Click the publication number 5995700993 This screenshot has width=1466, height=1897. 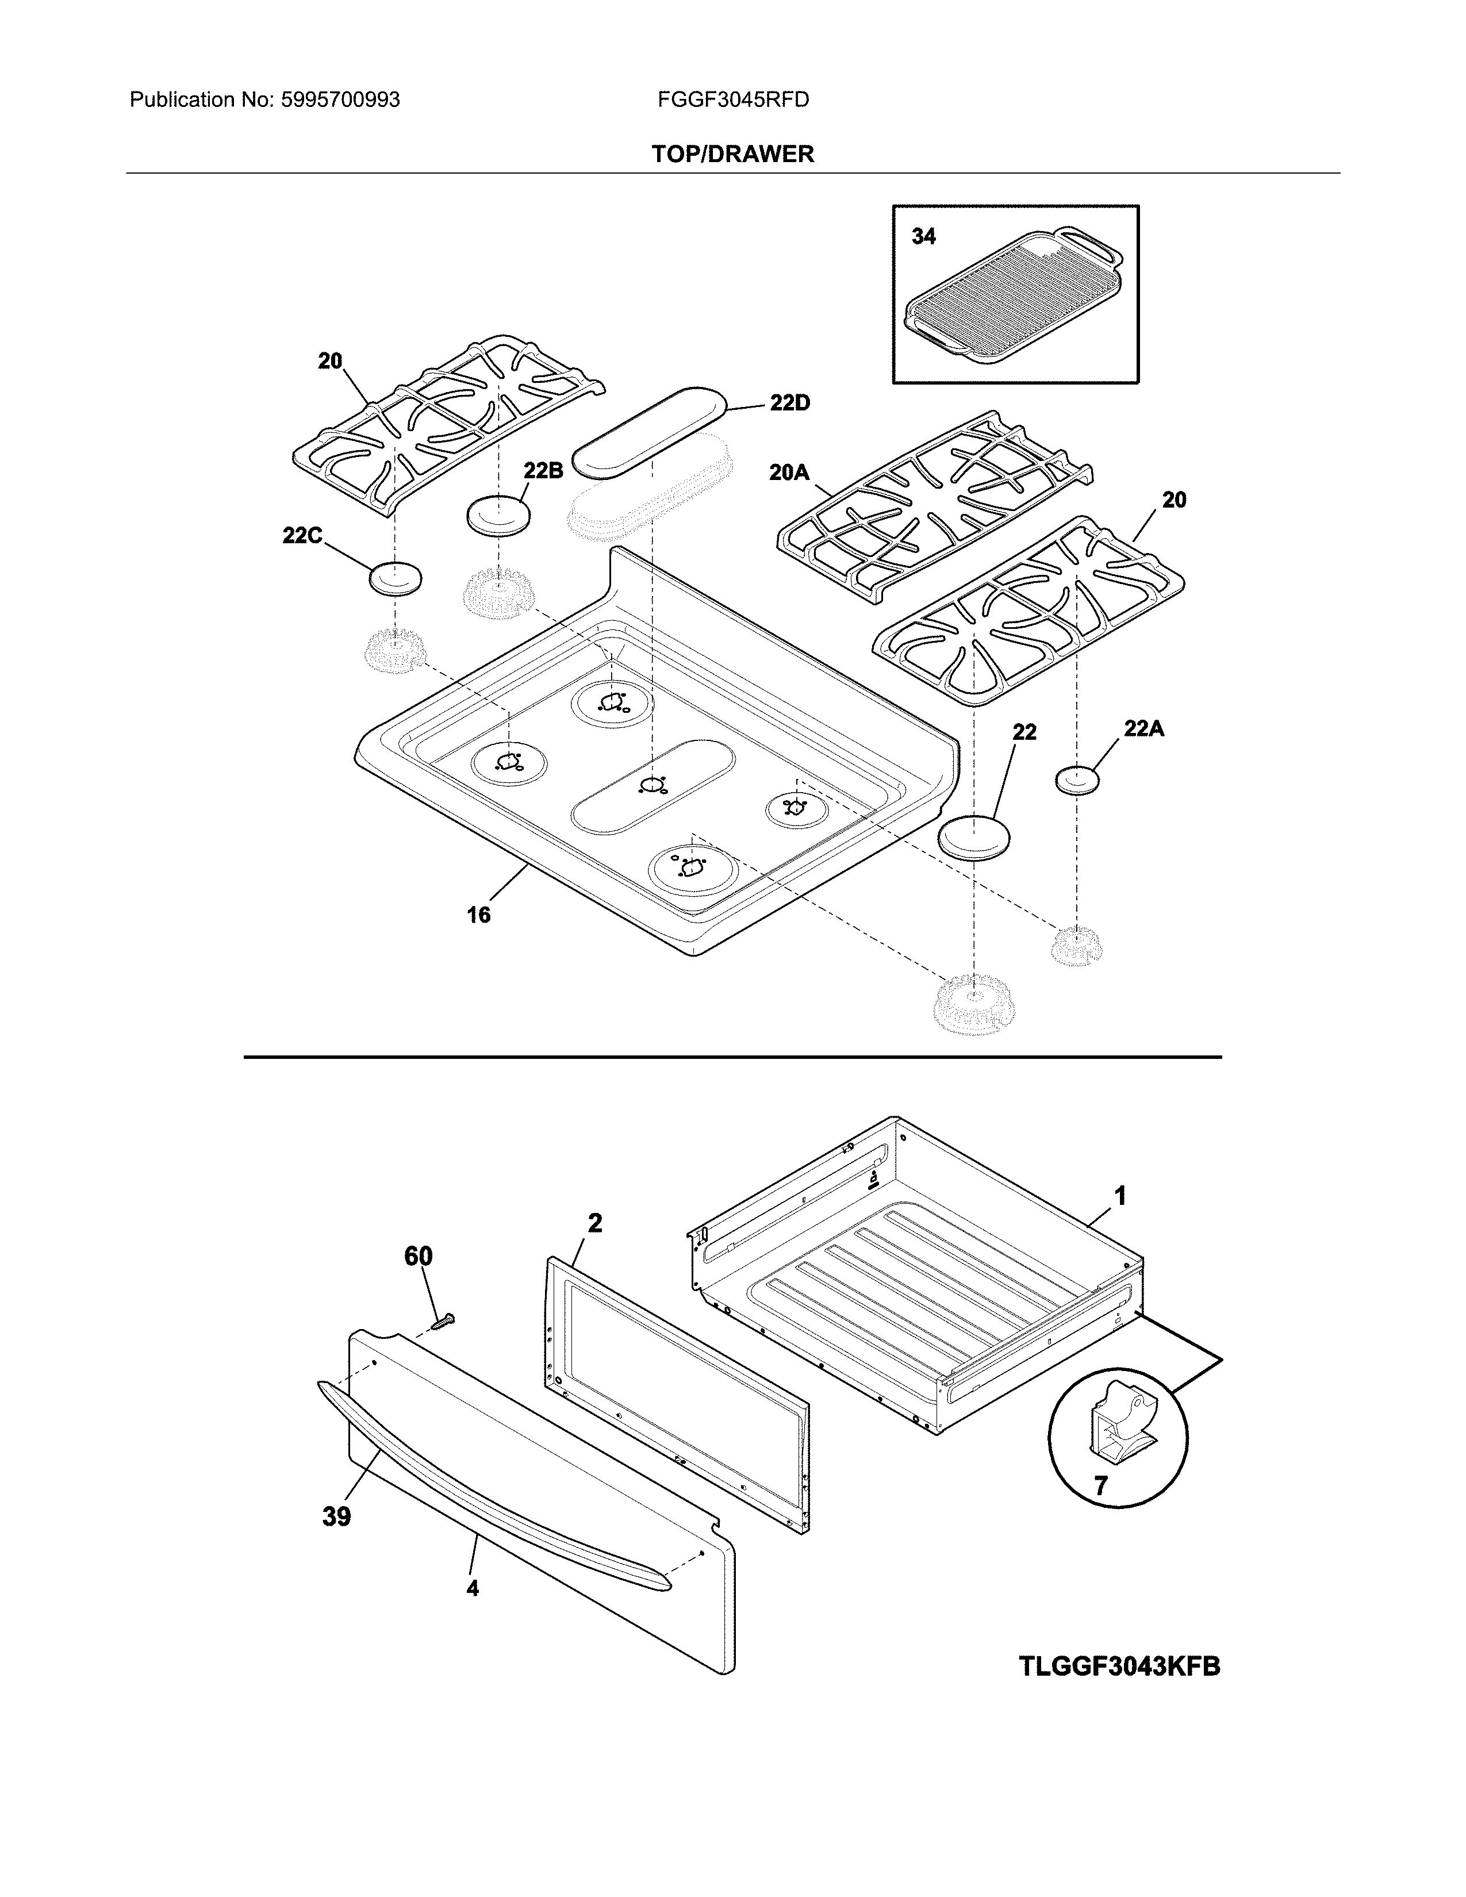click(340, 100)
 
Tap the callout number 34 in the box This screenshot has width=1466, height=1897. click(923, 236)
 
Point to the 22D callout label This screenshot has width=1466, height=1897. click(789, 403)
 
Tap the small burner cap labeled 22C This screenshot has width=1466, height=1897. click(395, 578)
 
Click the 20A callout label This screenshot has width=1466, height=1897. click(789, 473)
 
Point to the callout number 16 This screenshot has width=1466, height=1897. click(478, 915)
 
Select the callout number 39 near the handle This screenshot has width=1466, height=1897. click(336, 1516)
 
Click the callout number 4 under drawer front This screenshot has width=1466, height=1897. click(473, 1588)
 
